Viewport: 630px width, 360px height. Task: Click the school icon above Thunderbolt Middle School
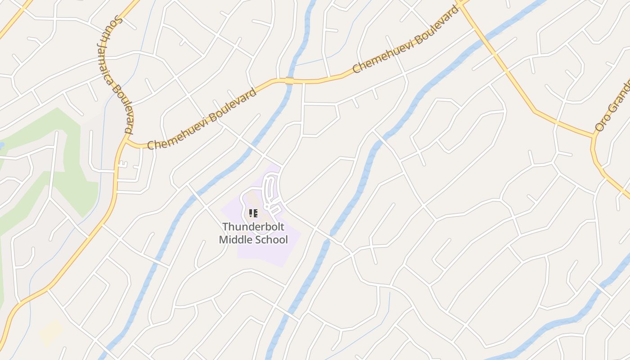coord(253,213)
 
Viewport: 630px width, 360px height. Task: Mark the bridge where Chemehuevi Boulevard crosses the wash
coord(289,81)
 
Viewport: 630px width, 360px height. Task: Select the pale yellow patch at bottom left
coord(50,333)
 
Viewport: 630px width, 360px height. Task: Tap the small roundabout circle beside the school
coord(267,207)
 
